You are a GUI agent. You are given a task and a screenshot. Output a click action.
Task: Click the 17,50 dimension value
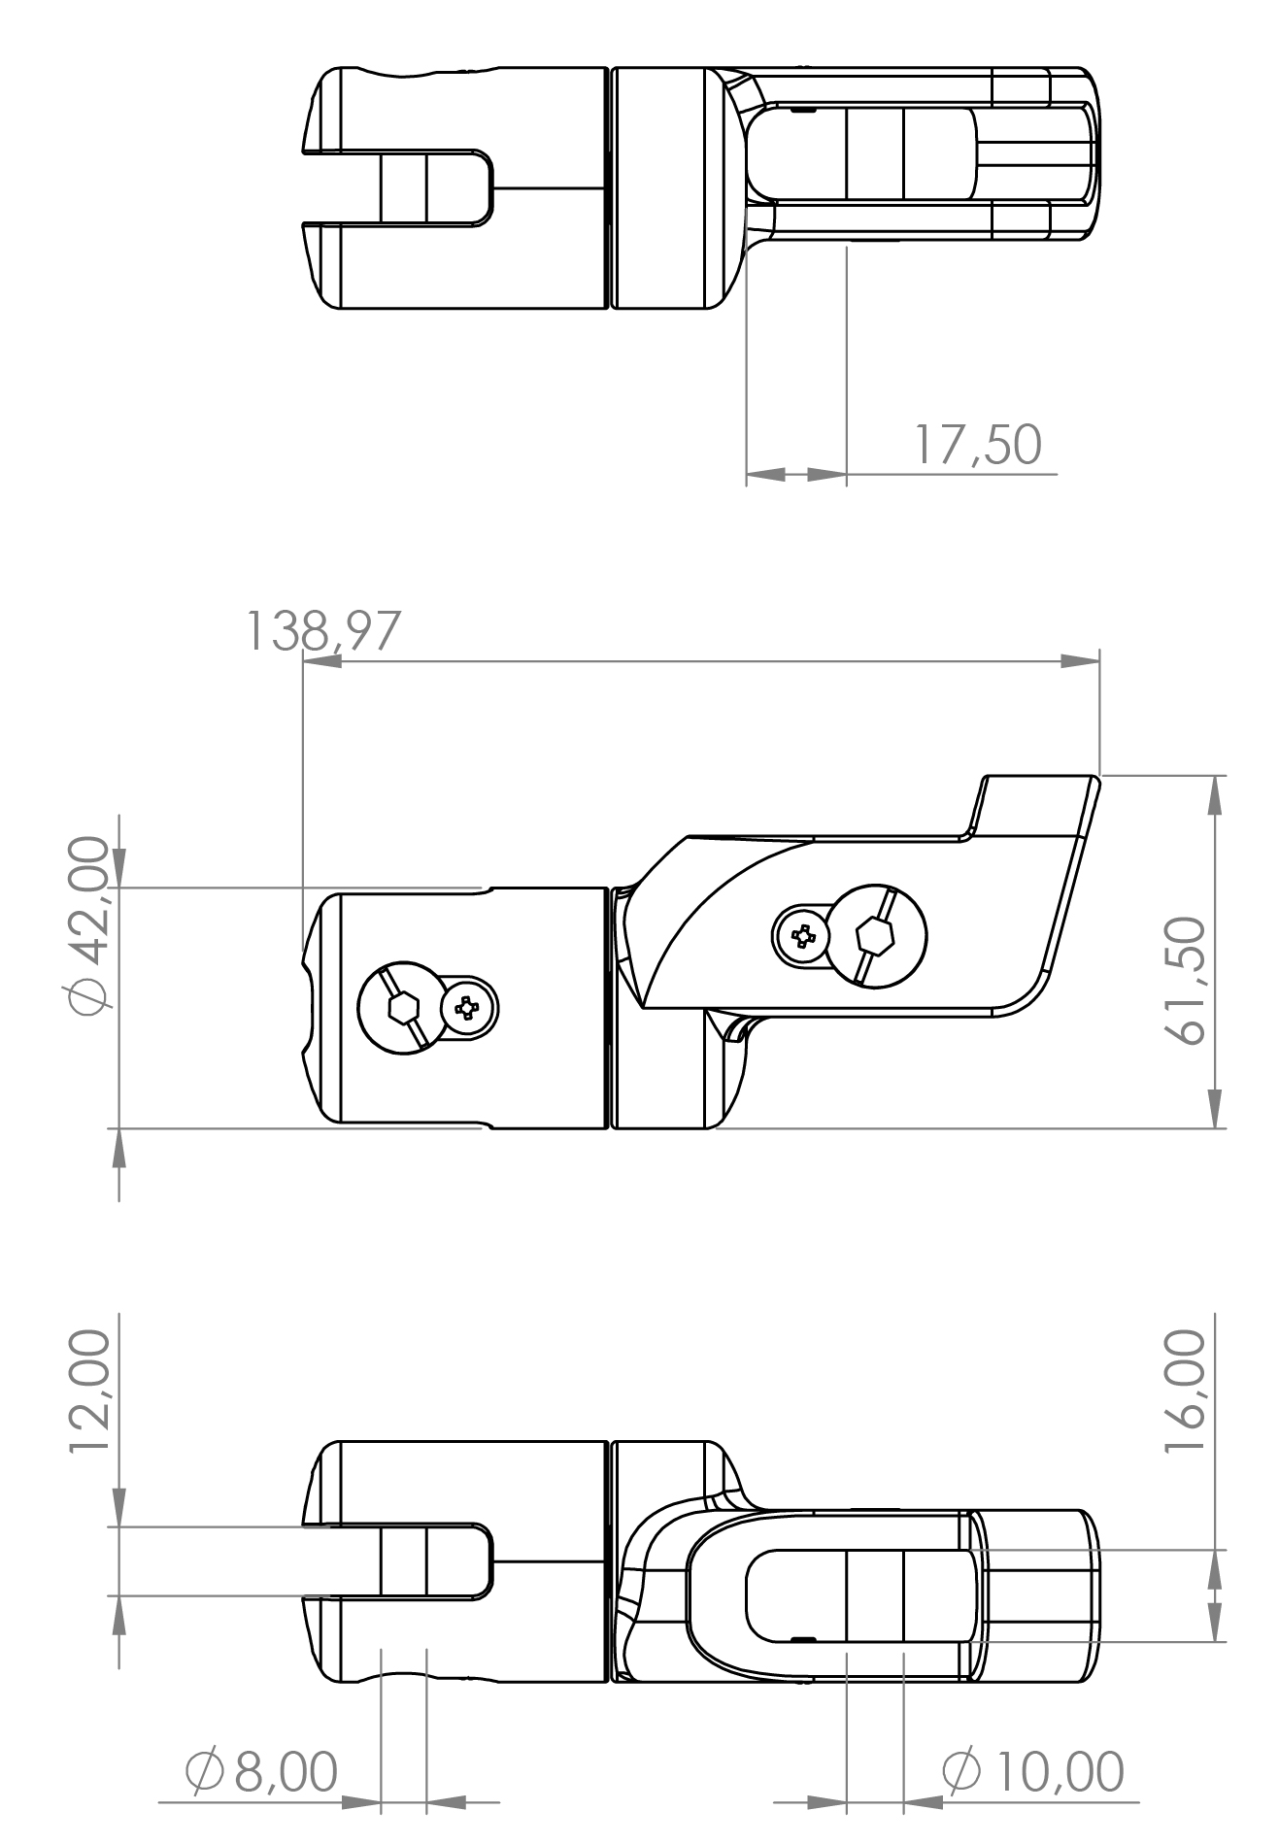[x=977, y=446]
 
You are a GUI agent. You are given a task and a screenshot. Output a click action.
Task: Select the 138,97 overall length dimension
[x=321, y=631]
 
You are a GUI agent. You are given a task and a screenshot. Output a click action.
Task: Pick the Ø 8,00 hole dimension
[x=261, y=1772]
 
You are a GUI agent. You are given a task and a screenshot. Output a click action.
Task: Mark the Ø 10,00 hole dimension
[x=1033, y=1772]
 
